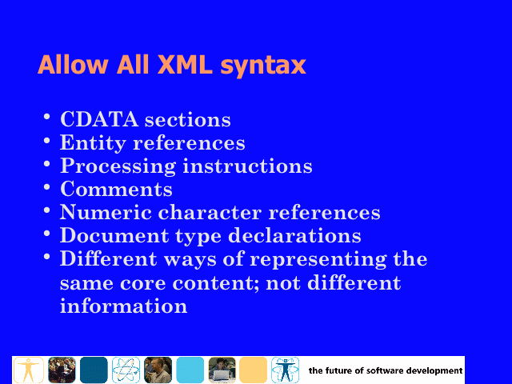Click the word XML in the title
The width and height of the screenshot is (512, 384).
pos(185,64)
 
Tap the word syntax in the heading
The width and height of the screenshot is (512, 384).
pos(263,66)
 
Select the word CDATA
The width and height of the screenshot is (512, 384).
pos(99,119)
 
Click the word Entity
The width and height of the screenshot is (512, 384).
pos(93,143)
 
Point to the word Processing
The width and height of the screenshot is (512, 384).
pos(118,166)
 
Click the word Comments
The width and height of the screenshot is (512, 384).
pos(116,189)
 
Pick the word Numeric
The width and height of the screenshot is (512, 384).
pos(106,212)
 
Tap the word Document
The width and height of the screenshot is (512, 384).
pos(114,235)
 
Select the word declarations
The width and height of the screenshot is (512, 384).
pos(294,235)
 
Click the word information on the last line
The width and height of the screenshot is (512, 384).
pos(123,306)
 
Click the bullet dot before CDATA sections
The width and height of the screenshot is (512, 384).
pos(46,117)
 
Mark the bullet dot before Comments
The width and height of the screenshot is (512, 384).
pos(46,187)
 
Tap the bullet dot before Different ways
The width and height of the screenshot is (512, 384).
pos(46,257)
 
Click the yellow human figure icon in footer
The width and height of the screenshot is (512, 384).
pos(29,370)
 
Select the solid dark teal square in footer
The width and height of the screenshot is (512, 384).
pos(94,370)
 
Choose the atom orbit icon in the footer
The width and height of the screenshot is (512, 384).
pos(126,370)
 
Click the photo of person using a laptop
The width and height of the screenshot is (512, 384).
pos(222,370)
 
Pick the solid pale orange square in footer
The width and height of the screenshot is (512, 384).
pos(253,370)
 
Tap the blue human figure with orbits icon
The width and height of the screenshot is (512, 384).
pos(285,370)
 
